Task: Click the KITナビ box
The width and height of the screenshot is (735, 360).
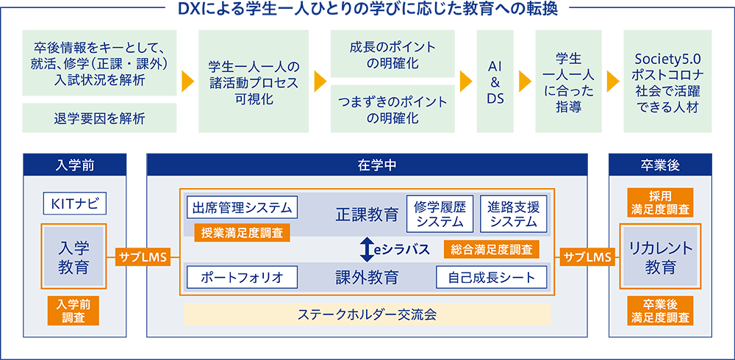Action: pyautogui.click(x=75, y=204)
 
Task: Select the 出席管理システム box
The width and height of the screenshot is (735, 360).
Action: pyautogui.click(x=243, y=207)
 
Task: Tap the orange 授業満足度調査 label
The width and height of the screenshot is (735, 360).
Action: pyautogui.click(x=243, y=231)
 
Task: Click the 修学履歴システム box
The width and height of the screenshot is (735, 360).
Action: pyautogui.click(x=440, y=214)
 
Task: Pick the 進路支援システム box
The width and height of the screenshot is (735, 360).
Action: pyautogui.click(x=513, y=214)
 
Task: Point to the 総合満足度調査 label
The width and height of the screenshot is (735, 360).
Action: pyautogui.click(x=491, y=250)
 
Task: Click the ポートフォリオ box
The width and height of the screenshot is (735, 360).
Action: pyautogui.click(x=243, y=277)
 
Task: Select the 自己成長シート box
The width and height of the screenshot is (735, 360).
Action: pyautogui.click(x=491, y=277)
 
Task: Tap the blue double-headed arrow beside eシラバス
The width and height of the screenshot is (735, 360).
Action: pyautogui.click(x=366, y=250)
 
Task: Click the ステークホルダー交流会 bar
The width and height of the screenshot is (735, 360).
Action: pyautogui.click(x=367, y=314)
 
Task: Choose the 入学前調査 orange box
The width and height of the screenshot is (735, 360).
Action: pyautogui.click(x=73, y=311)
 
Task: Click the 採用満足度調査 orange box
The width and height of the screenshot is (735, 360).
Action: pyautogui.click(x=660, y=203)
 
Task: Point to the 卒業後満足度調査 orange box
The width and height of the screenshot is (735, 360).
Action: pyautogui.click(x=660, y=311)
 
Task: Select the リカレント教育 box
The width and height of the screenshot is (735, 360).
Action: pyautogui.click(x=660, y=257)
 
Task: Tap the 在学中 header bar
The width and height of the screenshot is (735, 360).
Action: pyautogui.click(x=367, y=165)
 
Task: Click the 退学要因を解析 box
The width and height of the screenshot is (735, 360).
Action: pyautogui.click(x=99, y=118)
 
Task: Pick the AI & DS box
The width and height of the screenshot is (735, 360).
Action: pyautogui.click(x=495, y=81)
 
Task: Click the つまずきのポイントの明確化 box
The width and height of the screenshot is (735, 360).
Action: pyautogui.click(x=392, y=109)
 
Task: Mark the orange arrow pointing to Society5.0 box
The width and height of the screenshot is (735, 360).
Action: pyautogui.click(x=613, y=81)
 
